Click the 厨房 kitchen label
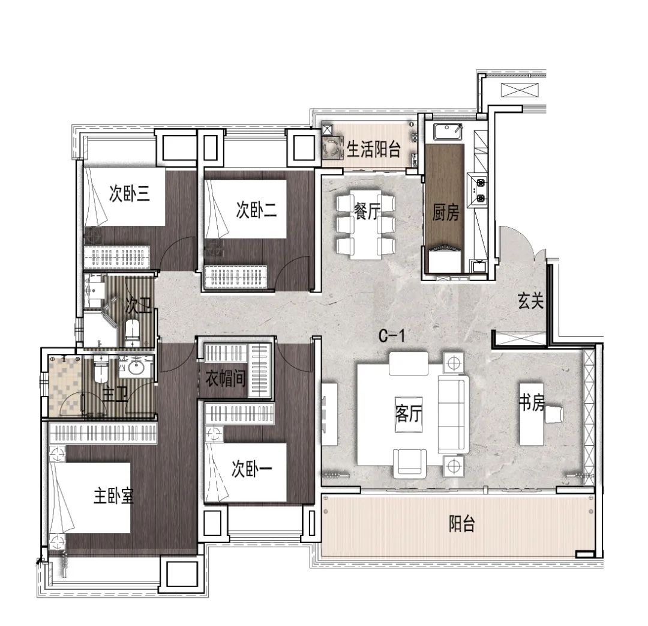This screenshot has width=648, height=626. tap(445, 213)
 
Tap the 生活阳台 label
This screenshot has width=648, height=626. tap(374, 150)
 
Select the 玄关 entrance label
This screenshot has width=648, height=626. tap(530, 301)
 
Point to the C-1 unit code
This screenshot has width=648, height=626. tap(392, 336)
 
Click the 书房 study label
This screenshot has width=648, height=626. tap(532, 402)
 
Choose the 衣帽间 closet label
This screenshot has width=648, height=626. tap(225, 378)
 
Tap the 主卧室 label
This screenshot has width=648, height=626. tap(113, 496)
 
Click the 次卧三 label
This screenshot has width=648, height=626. tap(130, 193)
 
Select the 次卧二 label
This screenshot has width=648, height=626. tap(256, 210)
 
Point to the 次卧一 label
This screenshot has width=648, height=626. tap(251, 469)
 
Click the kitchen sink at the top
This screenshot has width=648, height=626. tap(448, 132)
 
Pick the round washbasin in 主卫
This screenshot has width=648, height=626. tap(136, 366)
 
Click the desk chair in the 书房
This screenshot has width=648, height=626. tap(554, 415)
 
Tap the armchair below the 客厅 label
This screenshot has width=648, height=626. tap(410, 463)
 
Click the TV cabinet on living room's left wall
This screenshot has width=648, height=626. tap(330, 414)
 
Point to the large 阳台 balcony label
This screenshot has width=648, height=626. tap(462, 524)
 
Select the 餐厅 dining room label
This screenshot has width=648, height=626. tap(367, 211)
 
